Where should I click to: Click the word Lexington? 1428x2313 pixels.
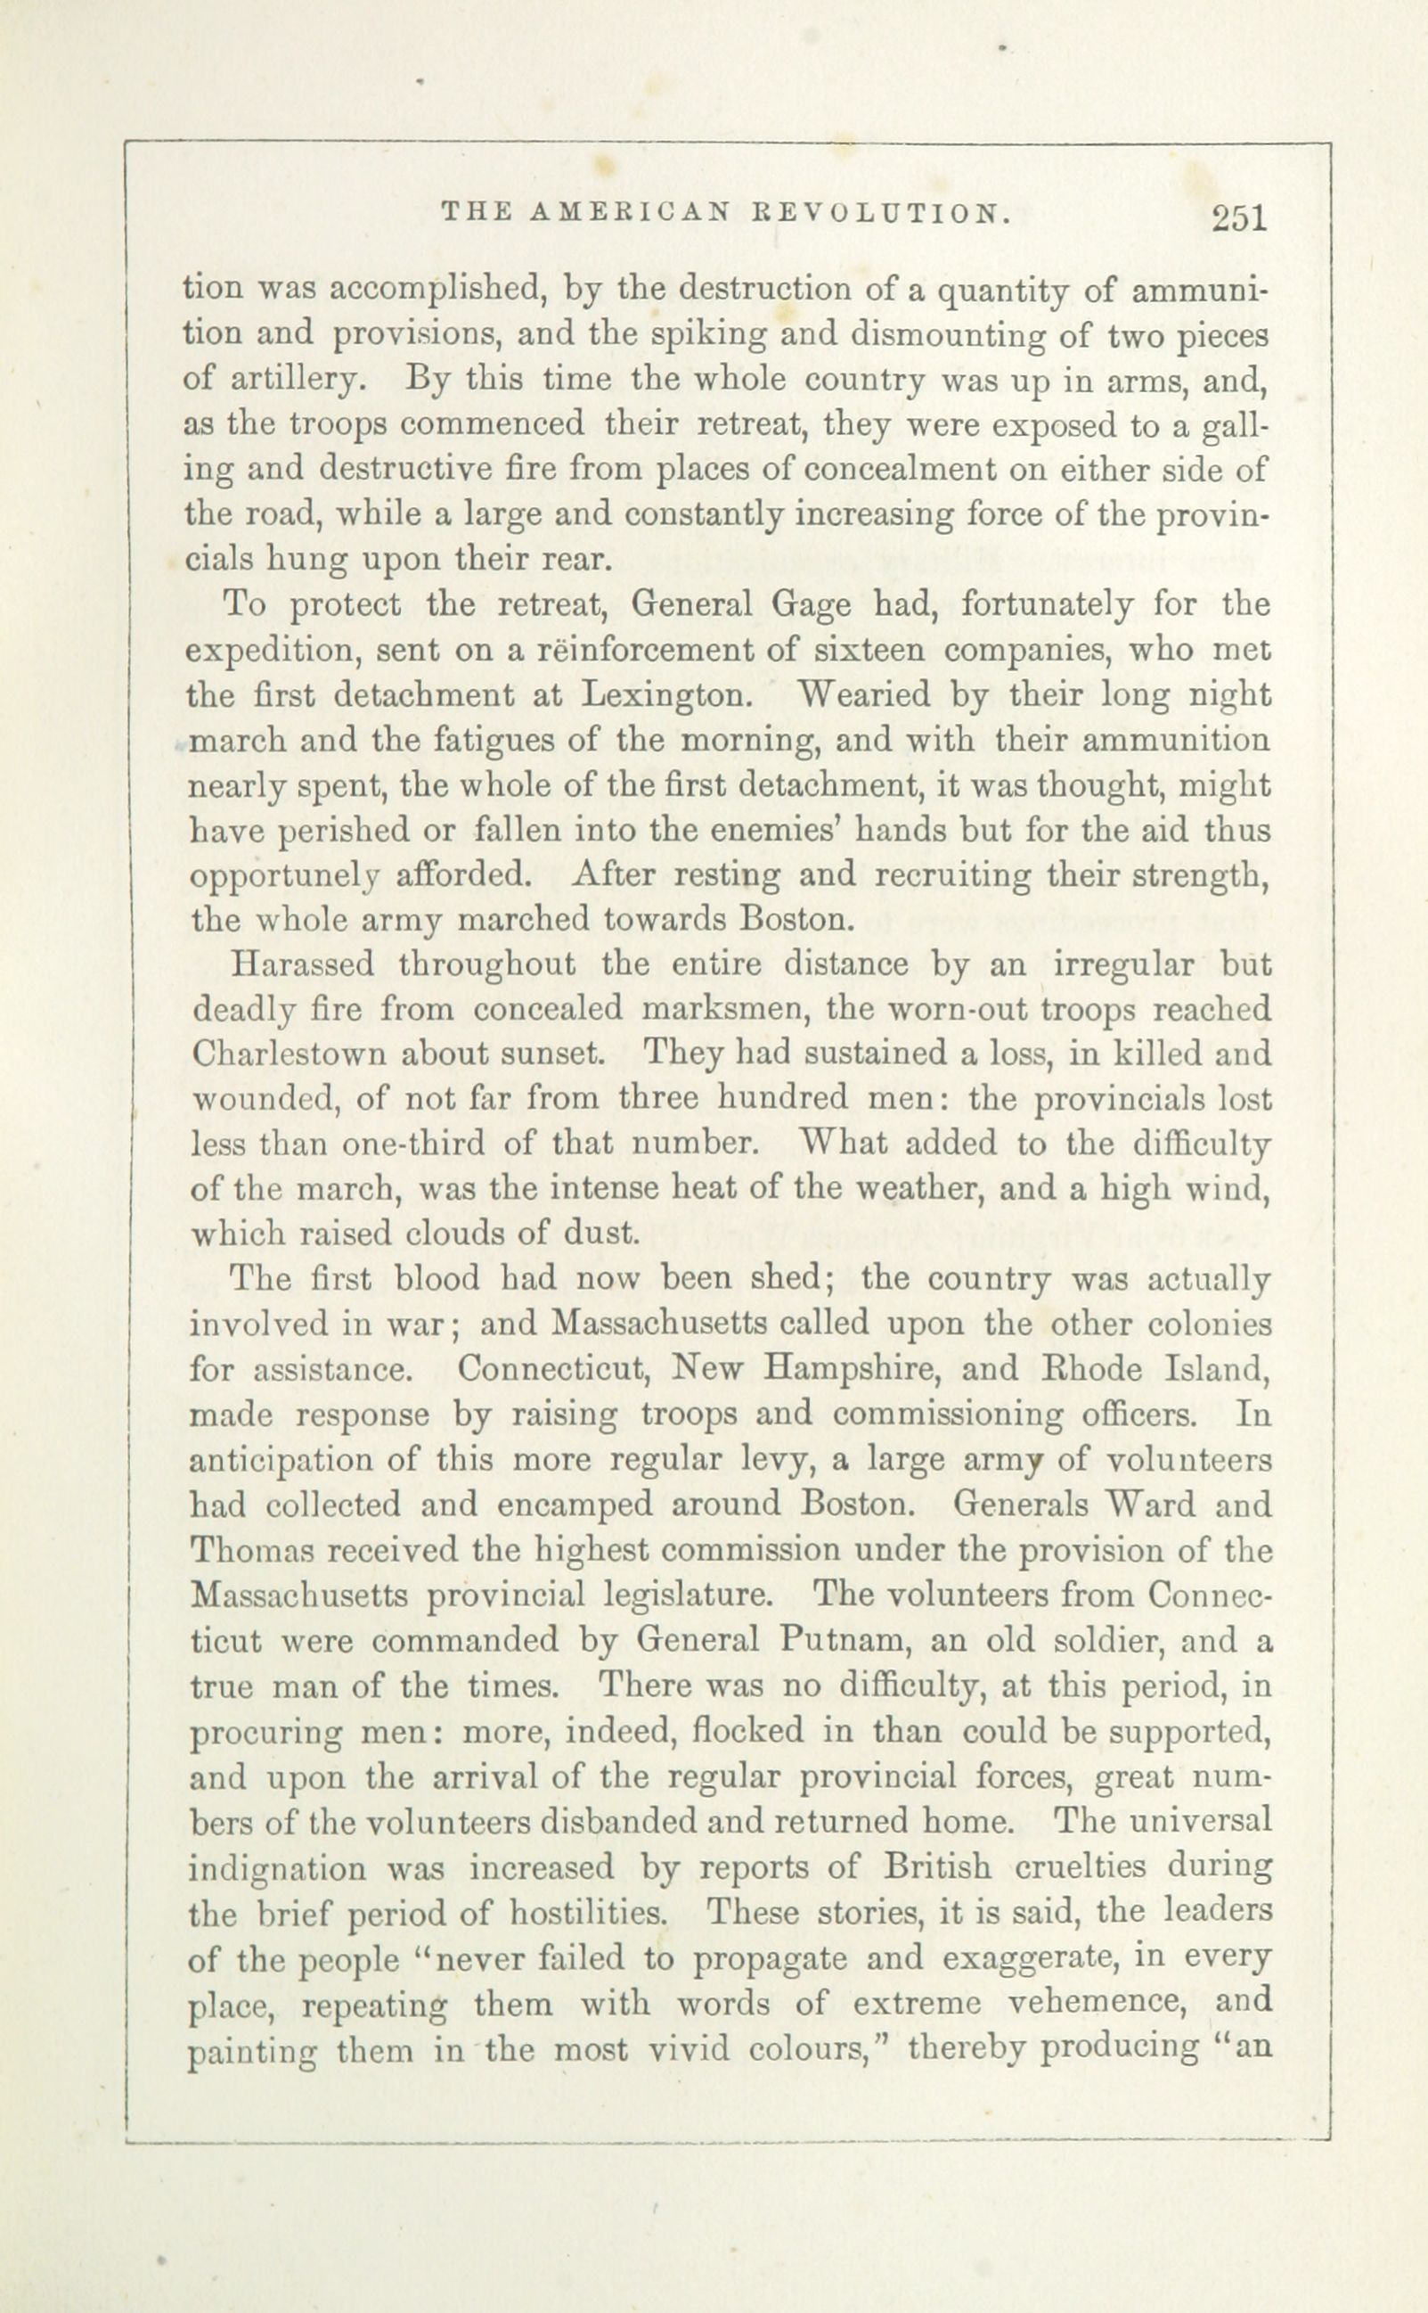[x=666, y=695]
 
